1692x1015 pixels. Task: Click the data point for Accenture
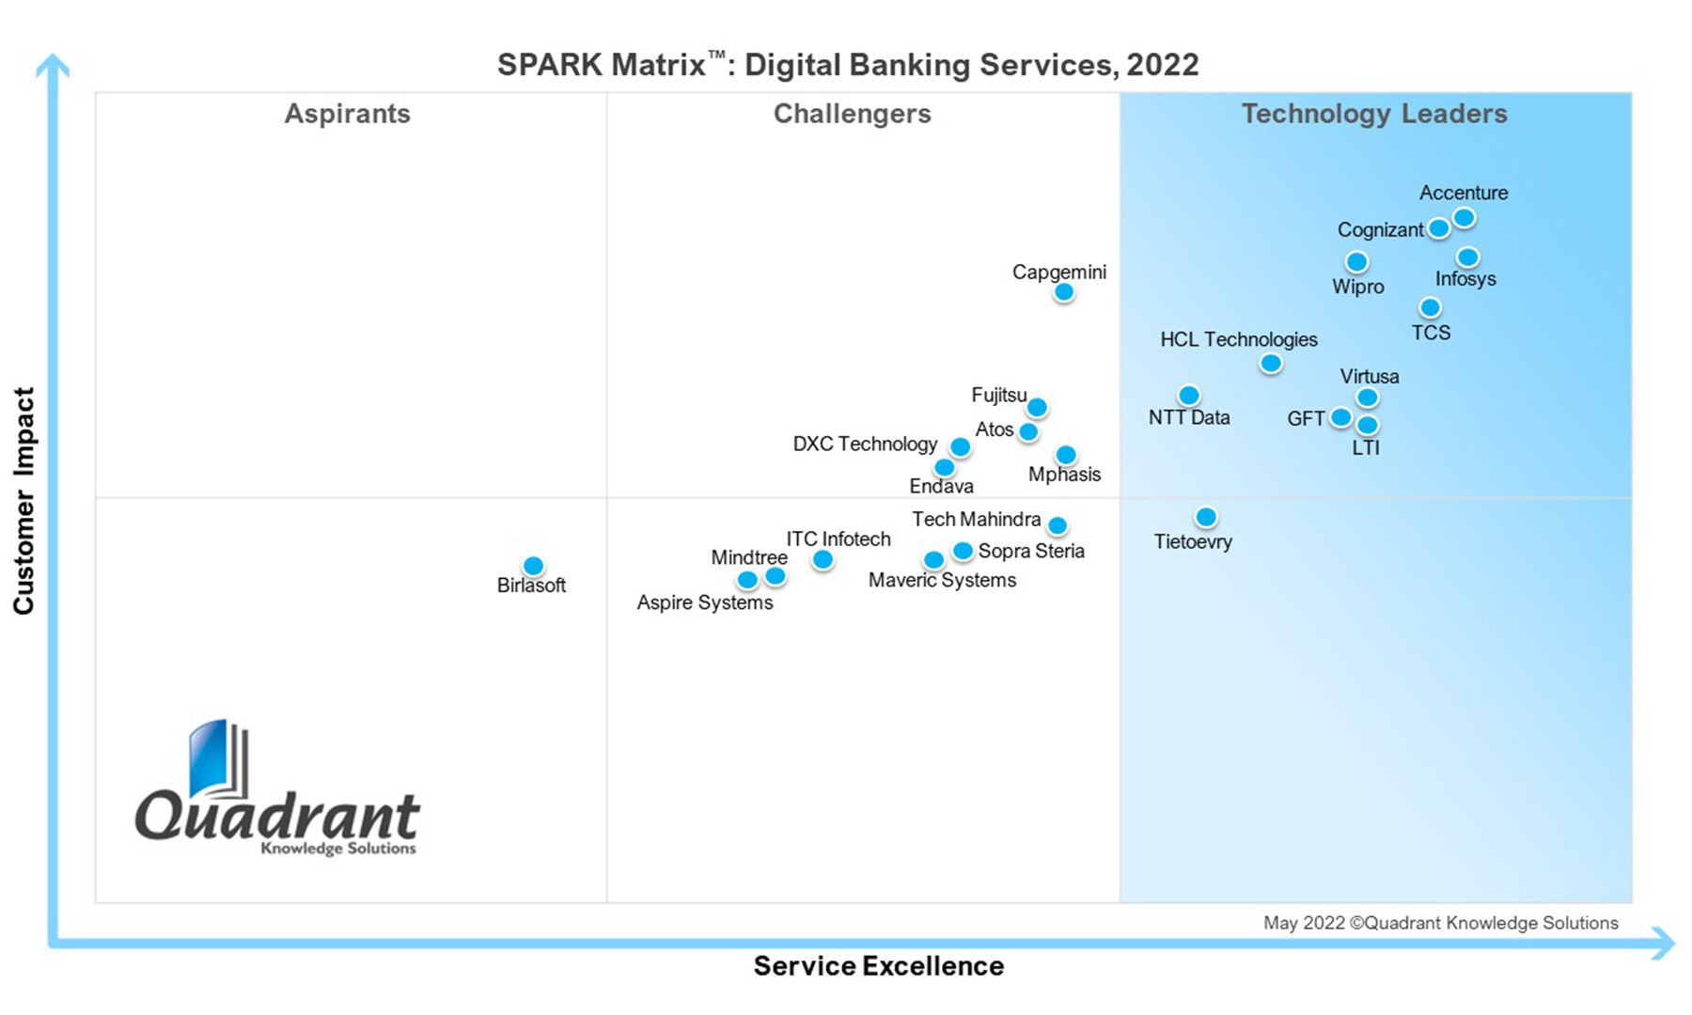click(x=1464, y=218)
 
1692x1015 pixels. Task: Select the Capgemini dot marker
click(x=1063, y=292)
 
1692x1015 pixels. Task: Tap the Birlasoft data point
click(x=533, y=566)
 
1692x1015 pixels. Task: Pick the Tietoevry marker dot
click(x=1206, y=517)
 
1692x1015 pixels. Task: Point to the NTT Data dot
click(x=1188, y=396)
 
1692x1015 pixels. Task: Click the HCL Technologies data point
click(x=1270, y=363)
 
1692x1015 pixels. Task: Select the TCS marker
click(x=1430, y=307)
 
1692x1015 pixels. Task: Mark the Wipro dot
click(x=1356, y=262)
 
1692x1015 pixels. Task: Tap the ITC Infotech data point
click(x=822, y=560)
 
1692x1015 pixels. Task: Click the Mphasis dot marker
click(x=1066, y=456)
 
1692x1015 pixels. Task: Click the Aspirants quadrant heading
click(x=347, y=114)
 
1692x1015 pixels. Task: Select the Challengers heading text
click(x=852, y=114)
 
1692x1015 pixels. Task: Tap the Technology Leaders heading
click(x=1373, y=114)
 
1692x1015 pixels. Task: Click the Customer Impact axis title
click(x=23, y=500)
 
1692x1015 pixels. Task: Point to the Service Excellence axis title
click(x=878, y=966)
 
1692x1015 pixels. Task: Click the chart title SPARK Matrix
click(x=847, y=65)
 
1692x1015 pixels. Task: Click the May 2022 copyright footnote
click(x=1440, y=923)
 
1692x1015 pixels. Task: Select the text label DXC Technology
click(x=865, y=444)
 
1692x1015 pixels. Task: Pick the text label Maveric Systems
click(x=942, y=580)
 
